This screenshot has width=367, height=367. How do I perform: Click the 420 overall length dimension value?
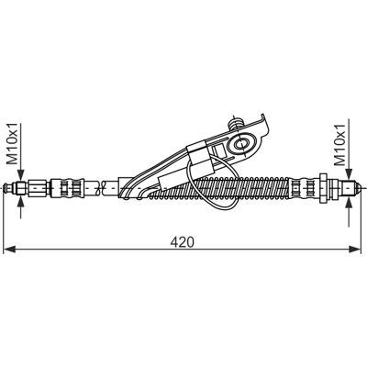[x=183, y=242]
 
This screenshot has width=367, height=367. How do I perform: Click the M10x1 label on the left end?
[x=13, y=144]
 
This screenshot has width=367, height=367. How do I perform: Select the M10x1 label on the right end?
[x=340, y=145]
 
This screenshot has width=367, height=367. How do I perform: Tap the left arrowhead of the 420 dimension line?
[x=9, y=250]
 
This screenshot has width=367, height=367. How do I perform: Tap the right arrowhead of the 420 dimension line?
[x=355, y=250]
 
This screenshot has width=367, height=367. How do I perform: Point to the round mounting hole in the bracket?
[x=242, y=143]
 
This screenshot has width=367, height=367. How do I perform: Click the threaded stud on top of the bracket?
[x=235, y=124]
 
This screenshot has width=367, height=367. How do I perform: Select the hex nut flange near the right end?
[x=323, y=188]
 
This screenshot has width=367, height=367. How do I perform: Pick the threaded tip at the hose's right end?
[x=351, y=188]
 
